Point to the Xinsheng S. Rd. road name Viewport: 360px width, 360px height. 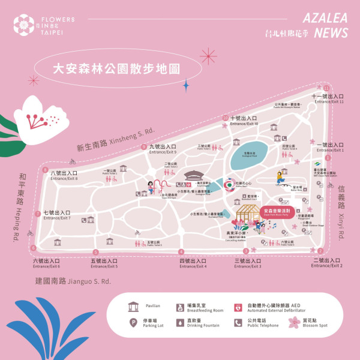(x=115, y=139)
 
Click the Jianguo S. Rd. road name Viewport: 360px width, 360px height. (x=73, y=281)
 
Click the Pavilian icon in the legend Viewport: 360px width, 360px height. (x=133, y=307)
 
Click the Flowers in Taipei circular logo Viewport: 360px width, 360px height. (x=25, y=25)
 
